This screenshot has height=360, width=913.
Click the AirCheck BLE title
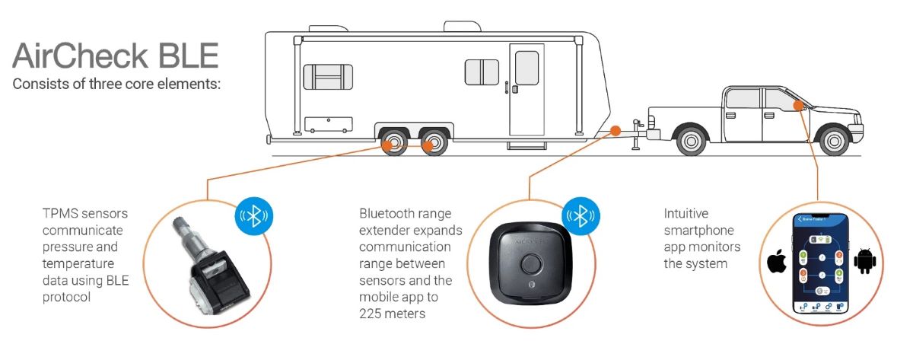tap(115, 56)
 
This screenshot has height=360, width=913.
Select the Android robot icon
tap(865, 260)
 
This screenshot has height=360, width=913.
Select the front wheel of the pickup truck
tap(834, 141)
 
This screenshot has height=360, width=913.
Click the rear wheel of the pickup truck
tap(689, 141)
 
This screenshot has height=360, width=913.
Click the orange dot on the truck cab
tap(796, 105)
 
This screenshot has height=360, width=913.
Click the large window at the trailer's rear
tap(328, 76)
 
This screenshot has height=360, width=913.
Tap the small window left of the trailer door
tap(481, 72)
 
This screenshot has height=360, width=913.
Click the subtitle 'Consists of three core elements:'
tap(116, 84)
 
